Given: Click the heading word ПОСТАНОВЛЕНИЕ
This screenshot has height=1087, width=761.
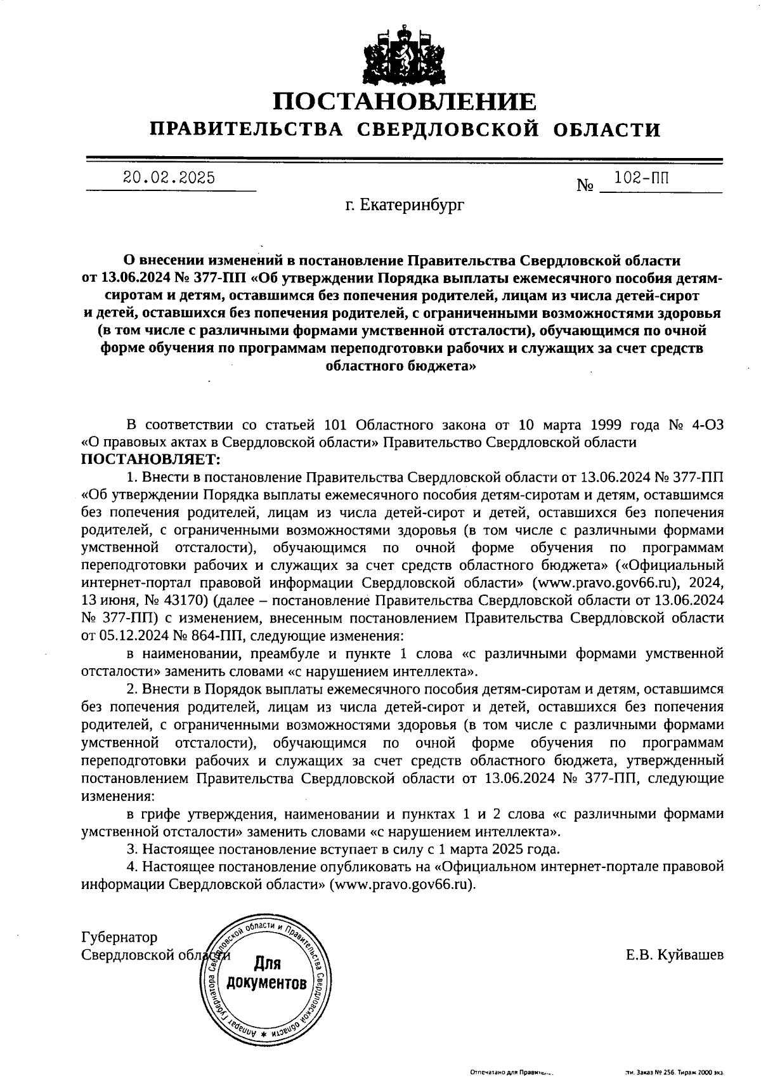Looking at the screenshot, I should click(x=405, y=101).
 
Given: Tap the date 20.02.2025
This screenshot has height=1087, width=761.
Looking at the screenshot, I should click(x=169, y=178).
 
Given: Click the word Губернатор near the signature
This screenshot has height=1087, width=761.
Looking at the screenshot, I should click(x=120, y=937).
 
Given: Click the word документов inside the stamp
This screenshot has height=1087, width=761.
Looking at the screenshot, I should click(x=267, y=984).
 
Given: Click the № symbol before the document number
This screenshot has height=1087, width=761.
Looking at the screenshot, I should click(x=585, y=186).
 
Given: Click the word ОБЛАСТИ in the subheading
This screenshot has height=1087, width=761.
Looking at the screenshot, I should click(x=607, y=130).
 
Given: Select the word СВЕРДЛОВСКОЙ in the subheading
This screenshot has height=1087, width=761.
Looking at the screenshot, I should click(x=448, y=130).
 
